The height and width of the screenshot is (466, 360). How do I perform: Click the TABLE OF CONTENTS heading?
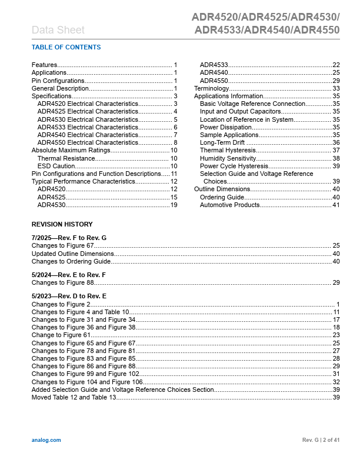point(66,47)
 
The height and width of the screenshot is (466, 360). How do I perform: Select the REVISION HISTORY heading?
point(62,224)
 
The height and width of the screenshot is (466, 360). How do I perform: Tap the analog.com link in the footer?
point(45,440)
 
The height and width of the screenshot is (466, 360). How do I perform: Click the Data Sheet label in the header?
point(58,30)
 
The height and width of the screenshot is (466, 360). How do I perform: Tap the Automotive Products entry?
point(229,205)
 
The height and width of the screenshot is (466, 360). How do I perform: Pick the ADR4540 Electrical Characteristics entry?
point(88,135)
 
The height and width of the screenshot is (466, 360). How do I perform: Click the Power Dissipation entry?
point(226,127)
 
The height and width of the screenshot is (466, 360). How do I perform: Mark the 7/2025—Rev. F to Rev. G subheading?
point(69,237)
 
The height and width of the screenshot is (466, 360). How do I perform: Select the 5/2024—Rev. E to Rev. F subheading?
point(68,275)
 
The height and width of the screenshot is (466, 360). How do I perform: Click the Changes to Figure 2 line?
point(61,304)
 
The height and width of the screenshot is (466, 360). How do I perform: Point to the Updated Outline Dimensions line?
point(73,254)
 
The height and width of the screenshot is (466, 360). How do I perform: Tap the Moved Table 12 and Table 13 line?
point(74,398)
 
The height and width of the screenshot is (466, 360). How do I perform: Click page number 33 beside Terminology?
point(336,88)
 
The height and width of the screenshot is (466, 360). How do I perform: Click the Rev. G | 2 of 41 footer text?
point(321,440)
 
